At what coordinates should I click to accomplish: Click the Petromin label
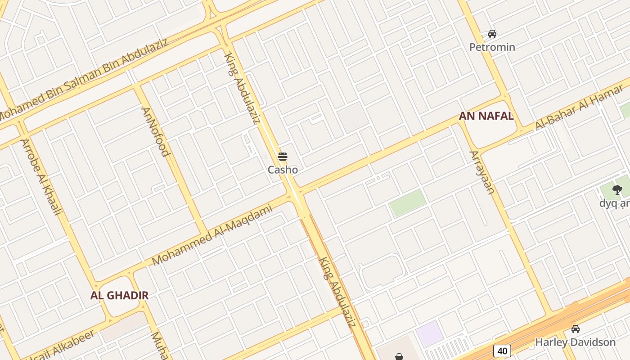[492, 47]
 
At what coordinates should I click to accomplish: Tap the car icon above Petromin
[492, 33]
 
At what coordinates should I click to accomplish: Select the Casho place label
[283, 170]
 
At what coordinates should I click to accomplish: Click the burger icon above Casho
[283, 157]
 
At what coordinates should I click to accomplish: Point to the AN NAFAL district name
[486, 116]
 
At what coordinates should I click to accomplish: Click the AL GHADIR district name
[119, 296]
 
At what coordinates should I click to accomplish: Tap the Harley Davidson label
[575, 342]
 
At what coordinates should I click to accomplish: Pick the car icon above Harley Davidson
[575, 329]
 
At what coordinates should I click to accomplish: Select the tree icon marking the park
[617, 190]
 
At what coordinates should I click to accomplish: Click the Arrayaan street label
[482, 172]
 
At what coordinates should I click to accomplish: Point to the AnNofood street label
[155, 131]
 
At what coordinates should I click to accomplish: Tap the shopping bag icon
[399, 357]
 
